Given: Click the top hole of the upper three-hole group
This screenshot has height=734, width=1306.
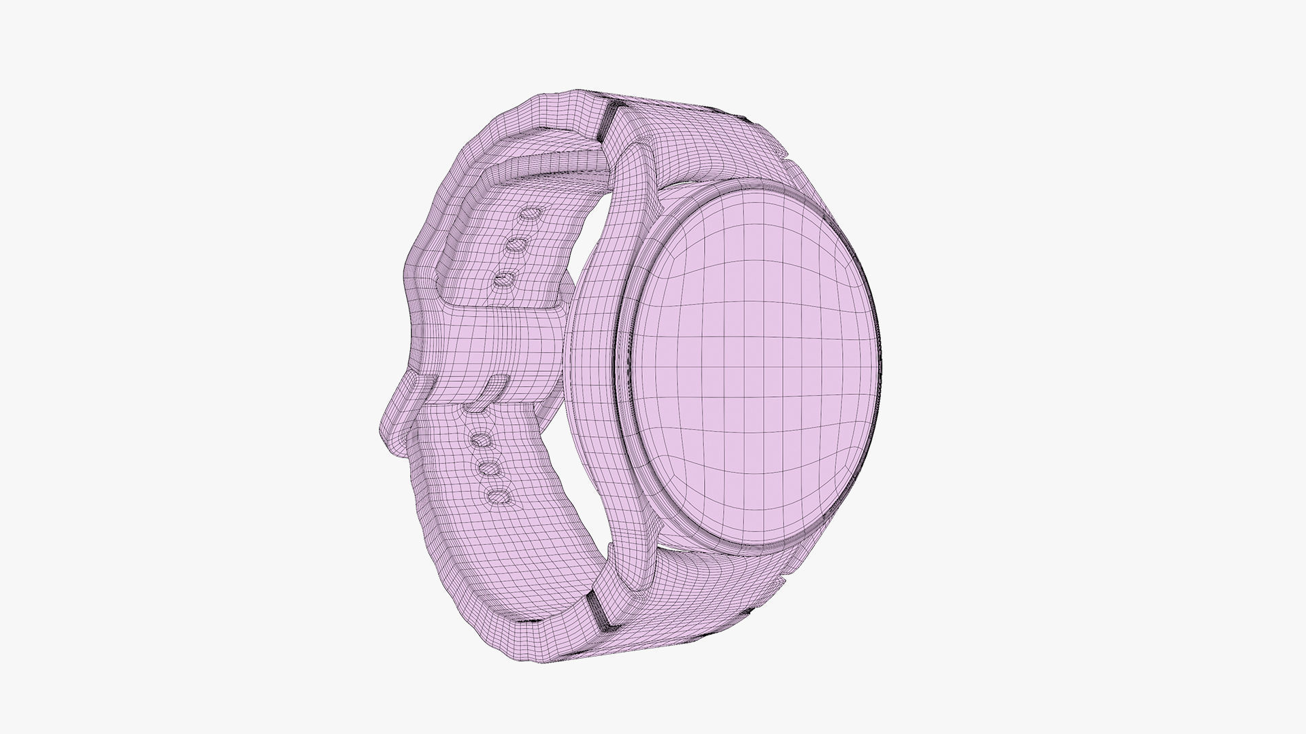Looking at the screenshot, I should (529, 216).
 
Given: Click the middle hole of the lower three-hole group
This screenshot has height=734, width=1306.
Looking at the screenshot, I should (487, 468).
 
